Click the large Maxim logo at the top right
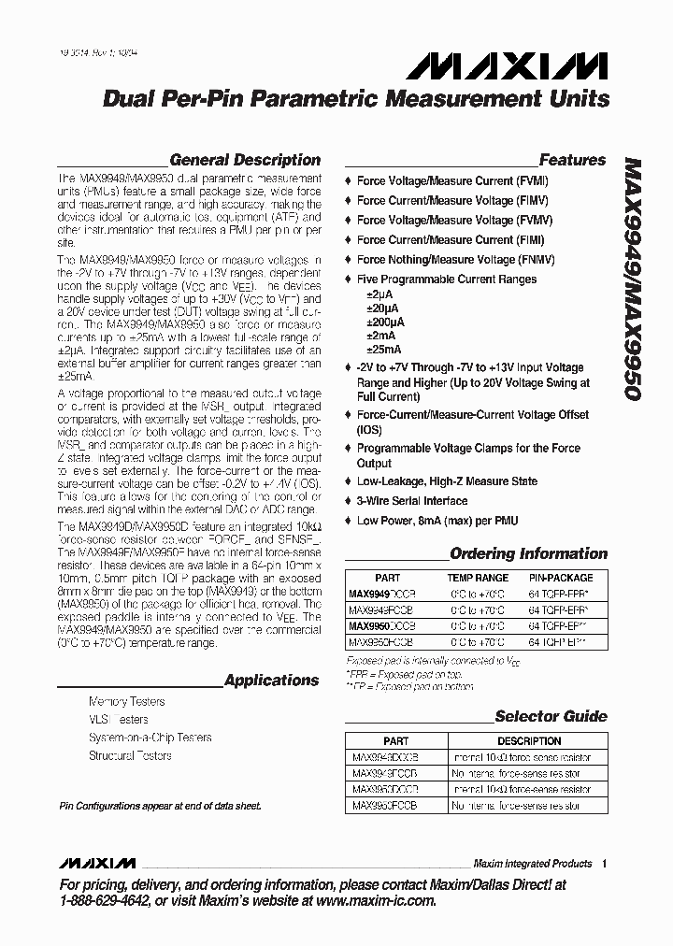pos(507,64)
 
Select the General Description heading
pos(245,160)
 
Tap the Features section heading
pos(572,160)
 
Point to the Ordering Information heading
pos(528,553)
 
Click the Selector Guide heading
pos(551,717)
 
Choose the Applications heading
pos(271,681)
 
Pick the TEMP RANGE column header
pos(478,579)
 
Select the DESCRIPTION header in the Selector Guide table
pos(529,740)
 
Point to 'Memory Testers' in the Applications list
pos(126,701)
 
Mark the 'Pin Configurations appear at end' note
pos(160,805)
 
